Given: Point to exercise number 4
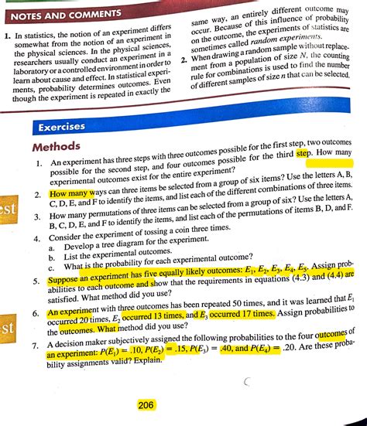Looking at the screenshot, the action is (36, 239).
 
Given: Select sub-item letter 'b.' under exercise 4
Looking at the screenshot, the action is (50, 256).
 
